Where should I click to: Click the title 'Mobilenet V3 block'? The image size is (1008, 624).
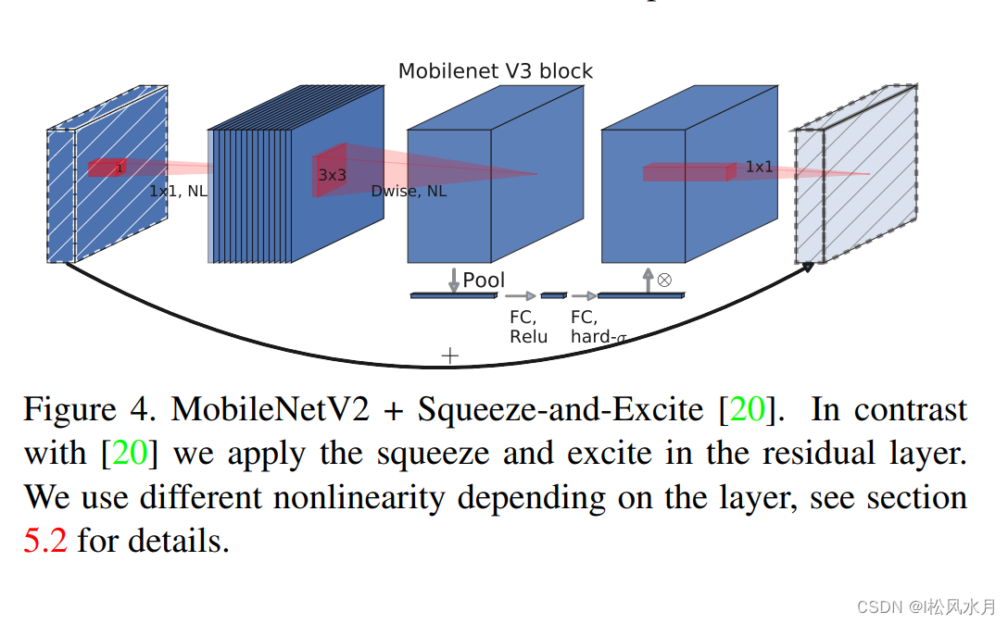tap(495, 71)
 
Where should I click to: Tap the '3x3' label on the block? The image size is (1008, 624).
tap(332, 174)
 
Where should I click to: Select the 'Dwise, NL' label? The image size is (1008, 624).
tap(409, 192)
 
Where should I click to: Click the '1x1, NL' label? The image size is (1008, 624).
tap(178, 192)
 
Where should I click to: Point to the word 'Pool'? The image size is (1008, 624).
tap(484, 280)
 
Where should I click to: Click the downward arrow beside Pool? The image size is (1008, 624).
tap(454, 280)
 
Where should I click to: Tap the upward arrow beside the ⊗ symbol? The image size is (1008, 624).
tap(648, 280)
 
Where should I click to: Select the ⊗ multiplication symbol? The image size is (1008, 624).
tap(663, 279)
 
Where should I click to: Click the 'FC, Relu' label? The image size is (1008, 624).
tap(528, 327)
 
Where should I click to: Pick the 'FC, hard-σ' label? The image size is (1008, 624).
tap(594, 327)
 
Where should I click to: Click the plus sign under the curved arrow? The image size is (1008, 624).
tap(450, 356)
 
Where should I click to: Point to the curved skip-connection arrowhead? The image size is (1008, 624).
tap(808, 266)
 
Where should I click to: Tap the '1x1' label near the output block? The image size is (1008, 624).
tap(759, 167)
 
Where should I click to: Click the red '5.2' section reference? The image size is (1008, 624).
tap(45, 541)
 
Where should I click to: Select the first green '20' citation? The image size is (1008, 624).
tap(749, 409)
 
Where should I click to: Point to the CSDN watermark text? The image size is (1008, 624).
tap(926, 606)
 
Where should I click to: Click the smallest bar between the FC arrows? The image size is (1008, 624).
tap(553, 295)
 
